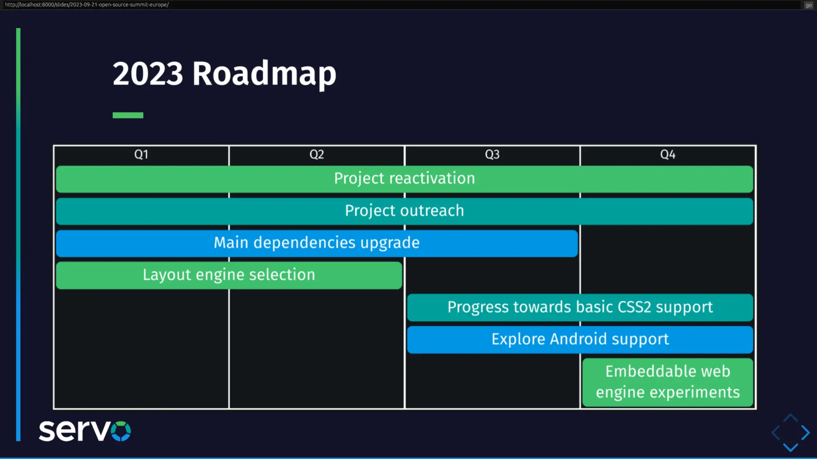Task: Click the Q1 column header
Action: coord(141,155)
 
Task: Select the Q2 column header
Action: coord(317,155)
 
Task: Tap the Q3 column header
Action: coord(492,155)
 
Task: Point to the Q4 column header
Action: coord(668,155)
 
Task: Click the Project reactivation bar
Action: coord(405,179)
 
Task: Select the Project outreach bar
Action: coord(405,211)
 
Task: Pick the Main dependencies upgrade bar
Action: coord(317,243)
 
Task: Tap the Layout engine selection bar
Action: coord(229,275)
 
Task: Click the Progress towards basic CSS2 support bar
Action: coord(580,307)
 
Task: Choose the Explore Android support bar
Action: coord(580,339)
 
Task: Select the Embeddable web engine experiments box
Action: coord(668,382)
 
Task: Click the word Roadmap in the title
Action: coord(264,74)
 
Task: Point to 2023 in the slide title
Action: coord(148,74)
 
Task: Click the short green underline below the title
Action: coord(128,115)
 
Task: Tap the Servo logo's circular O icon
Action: coord(121,431)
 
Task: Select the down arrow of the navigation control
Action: coord(790,447)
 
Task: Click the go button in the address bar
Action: coord(809,5)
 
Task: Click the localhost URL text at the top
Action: coord(87,5)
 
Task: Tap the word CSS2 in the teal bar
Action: coord(634,307)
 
